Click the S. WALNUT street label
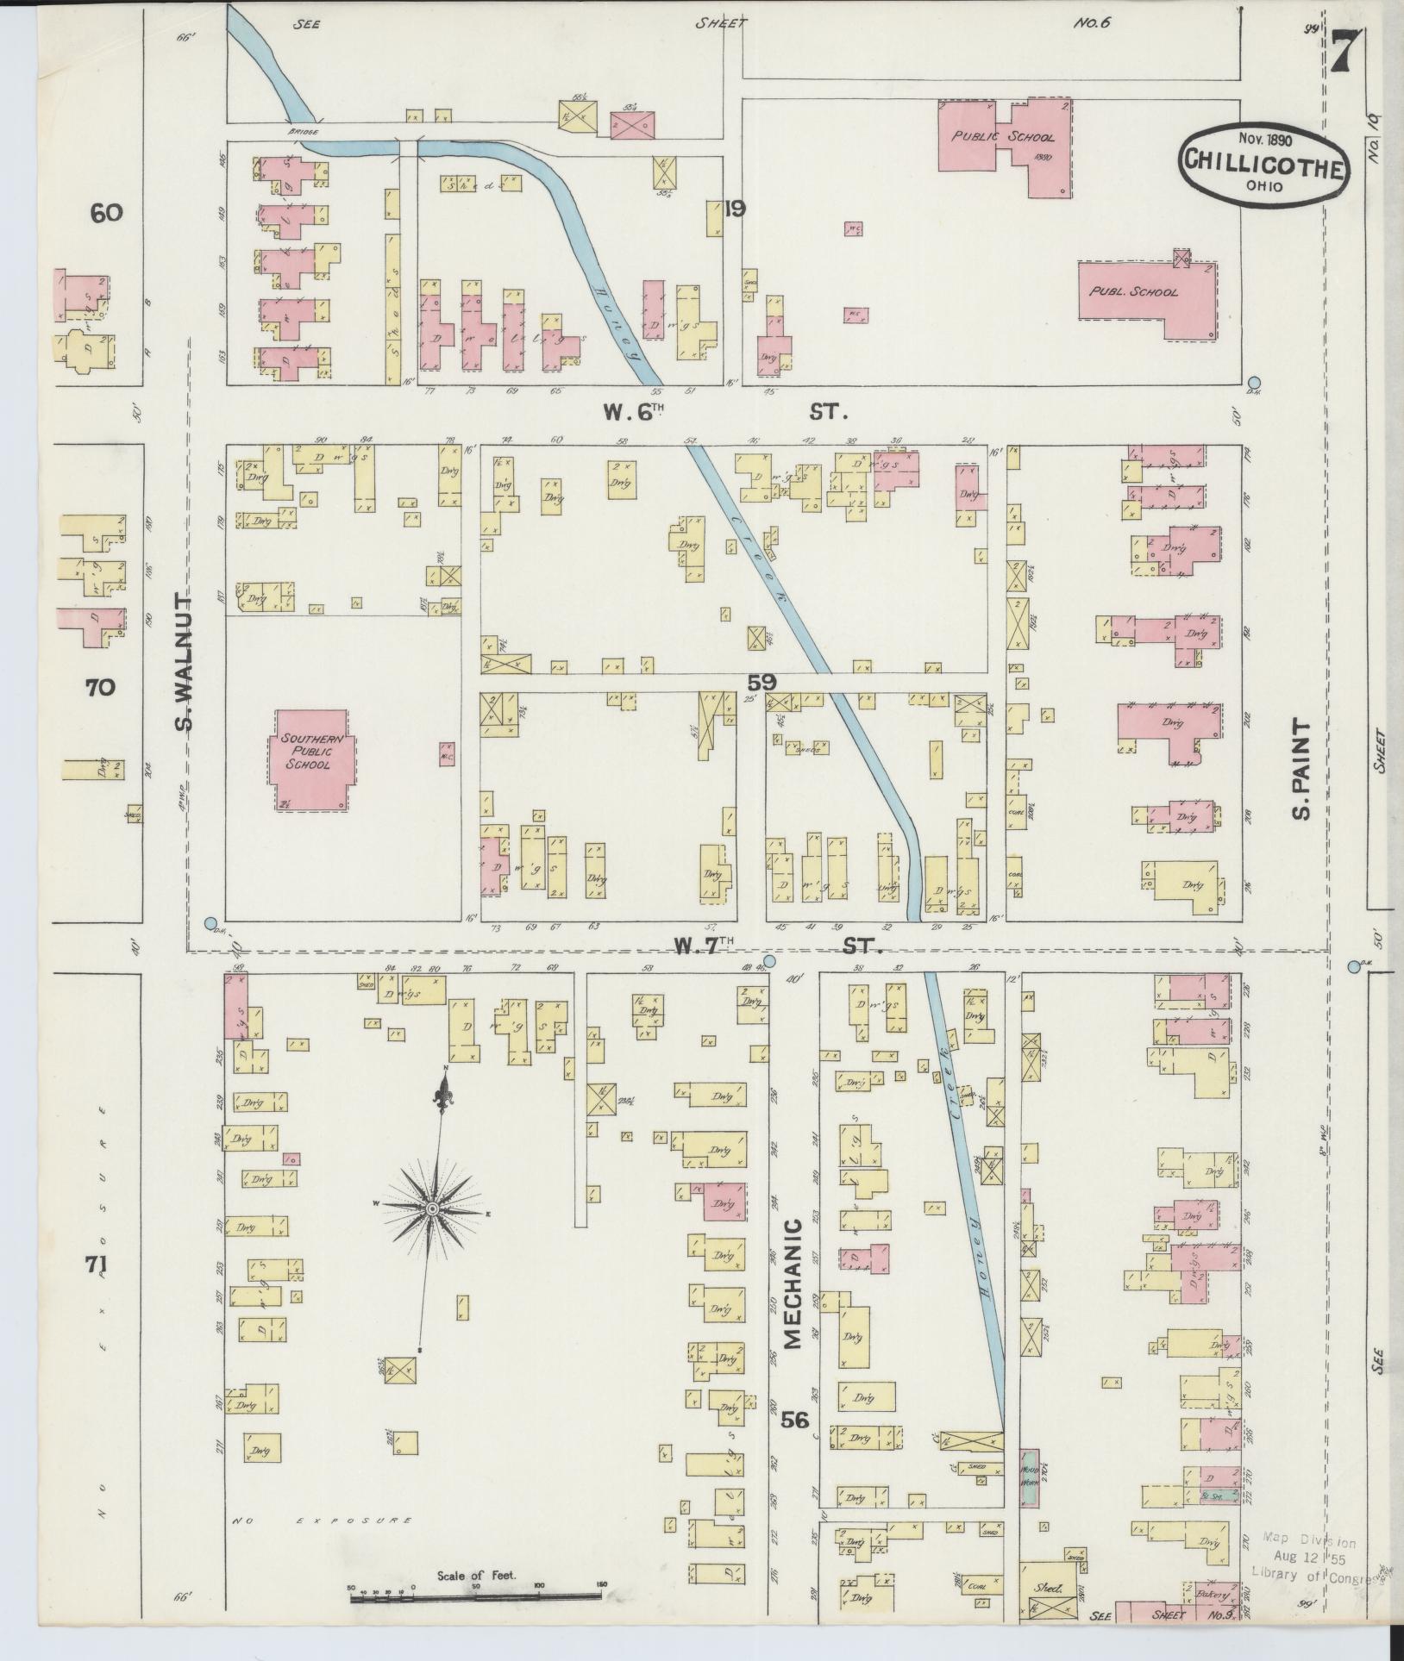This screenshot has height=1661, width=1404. tap(184, 660)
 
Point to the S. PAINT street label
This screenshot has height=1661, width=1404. tap(1301, 771)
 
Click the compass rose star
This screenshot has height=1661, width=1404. tap(431, 1211)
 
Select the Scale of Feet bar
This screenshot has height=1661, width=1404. tap(477, 1597)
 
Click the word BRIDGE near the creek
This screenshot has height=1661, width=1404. tap(304, 132)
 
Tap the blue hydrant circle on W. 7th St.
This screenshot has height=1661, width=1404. tap(770, 960)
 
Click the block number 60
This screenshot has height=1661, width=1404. tap(107, 212)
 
